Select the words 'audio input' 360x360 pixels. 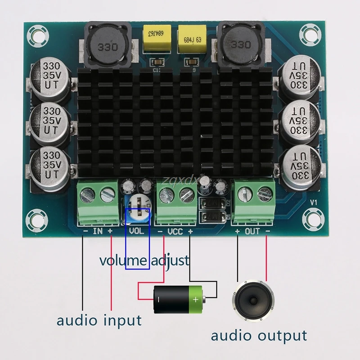(99, 321)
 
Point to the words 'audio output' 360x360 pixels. (259, 335)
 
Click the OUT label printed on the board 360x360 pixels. (252, 232)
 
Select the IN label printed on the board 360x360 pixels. (98, 232)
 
